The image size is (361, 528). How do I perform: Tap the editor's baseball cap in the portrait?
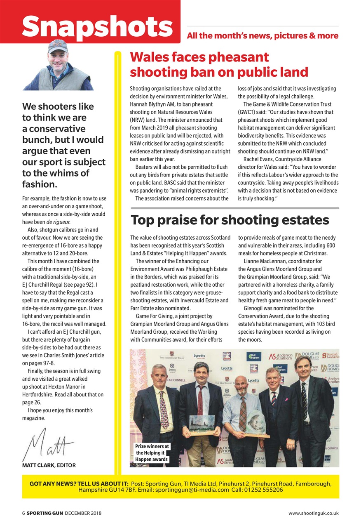point(58,46)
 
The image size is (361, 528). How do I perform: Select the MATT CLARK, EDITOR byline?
point(49,465)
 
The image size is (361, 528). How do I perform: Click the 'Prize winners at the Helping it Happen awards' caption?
point(152,453)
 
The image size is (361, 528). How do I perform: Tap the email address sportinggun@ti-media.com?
point(191,490)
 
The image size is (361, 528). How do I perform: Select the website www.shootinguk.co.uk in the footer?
point(314,513)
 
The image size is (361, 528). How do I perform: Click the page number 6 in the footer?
point(23,513)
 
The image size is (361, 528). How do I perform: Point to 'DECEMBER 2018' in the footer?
point(83,513)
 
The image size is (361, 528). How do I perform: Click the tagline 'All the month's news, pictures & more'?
point(263,36)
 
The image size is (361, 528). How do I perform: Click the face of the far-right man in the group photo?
point(303,367)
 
